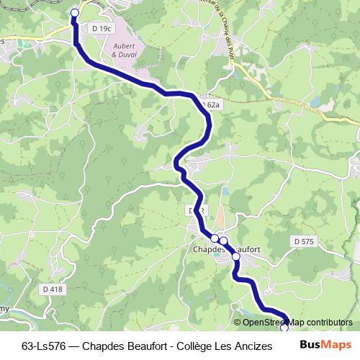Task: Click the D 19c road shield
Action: pyautogui.click(x=103, y=28)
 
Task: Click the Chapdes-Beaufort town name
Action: pyautogui.click(x=226, y=250)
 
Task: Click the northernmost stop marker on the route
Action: pyautogui.click(x=74, y=12)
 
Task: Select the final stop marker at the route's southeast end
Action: pyautogui.click(x=284, y=328)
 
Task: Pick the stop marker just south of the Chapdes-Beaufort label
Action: pyautogui.click(x=235, y=256)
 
